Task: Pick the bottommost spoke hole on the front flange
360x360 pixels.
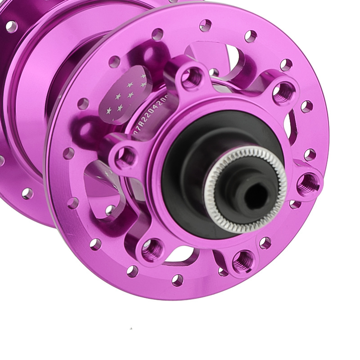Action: click(x=178, y=280)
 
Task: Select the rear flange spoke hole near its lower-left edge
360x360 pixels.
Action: click(x=27, y=193)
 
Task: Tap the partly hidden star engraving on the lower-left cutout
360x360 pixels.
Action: click(x=107, y=173)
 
